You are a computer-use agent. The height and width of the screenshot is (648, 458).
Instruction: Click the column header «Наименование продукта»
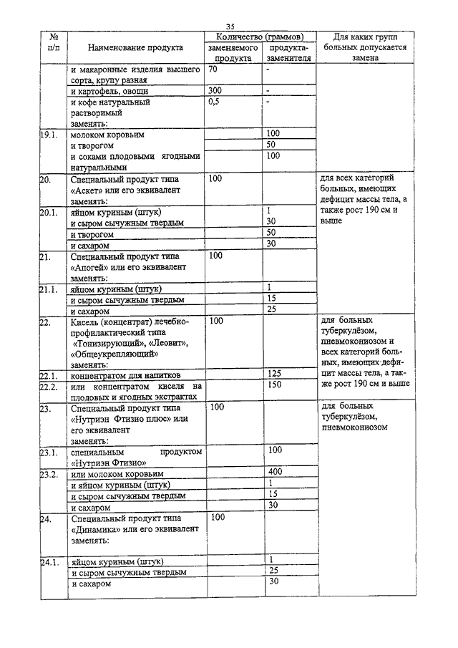135,47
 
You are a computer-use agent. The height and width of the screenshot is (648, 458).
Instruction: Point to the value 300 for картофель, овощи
215,92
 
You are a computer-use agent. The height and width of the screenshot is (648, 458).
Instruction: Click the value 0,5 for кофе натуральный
213,102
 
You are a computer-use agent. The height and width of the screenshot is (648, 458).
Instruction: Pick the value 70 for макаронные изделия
213,70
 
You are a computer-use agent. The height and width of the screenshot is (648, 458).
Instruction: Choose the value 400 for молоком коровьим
273,473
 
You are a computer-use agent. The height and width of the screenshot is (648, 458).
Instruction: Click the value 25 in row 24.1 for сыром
273,571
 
